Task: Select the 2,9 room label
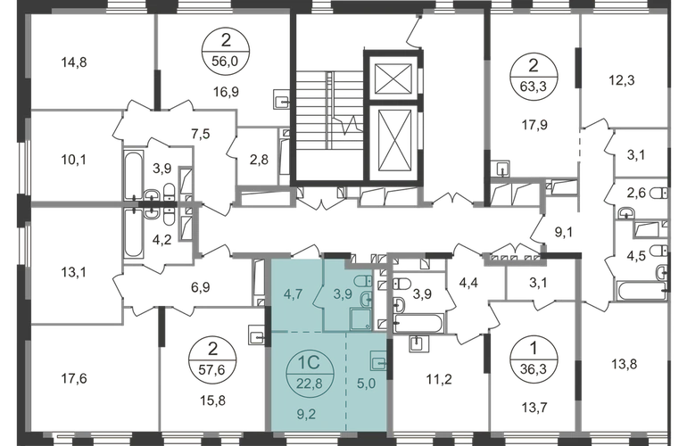point(260,161)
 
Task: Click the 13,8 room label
point(623,363)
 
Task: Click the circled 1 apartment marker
point(533,346)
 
